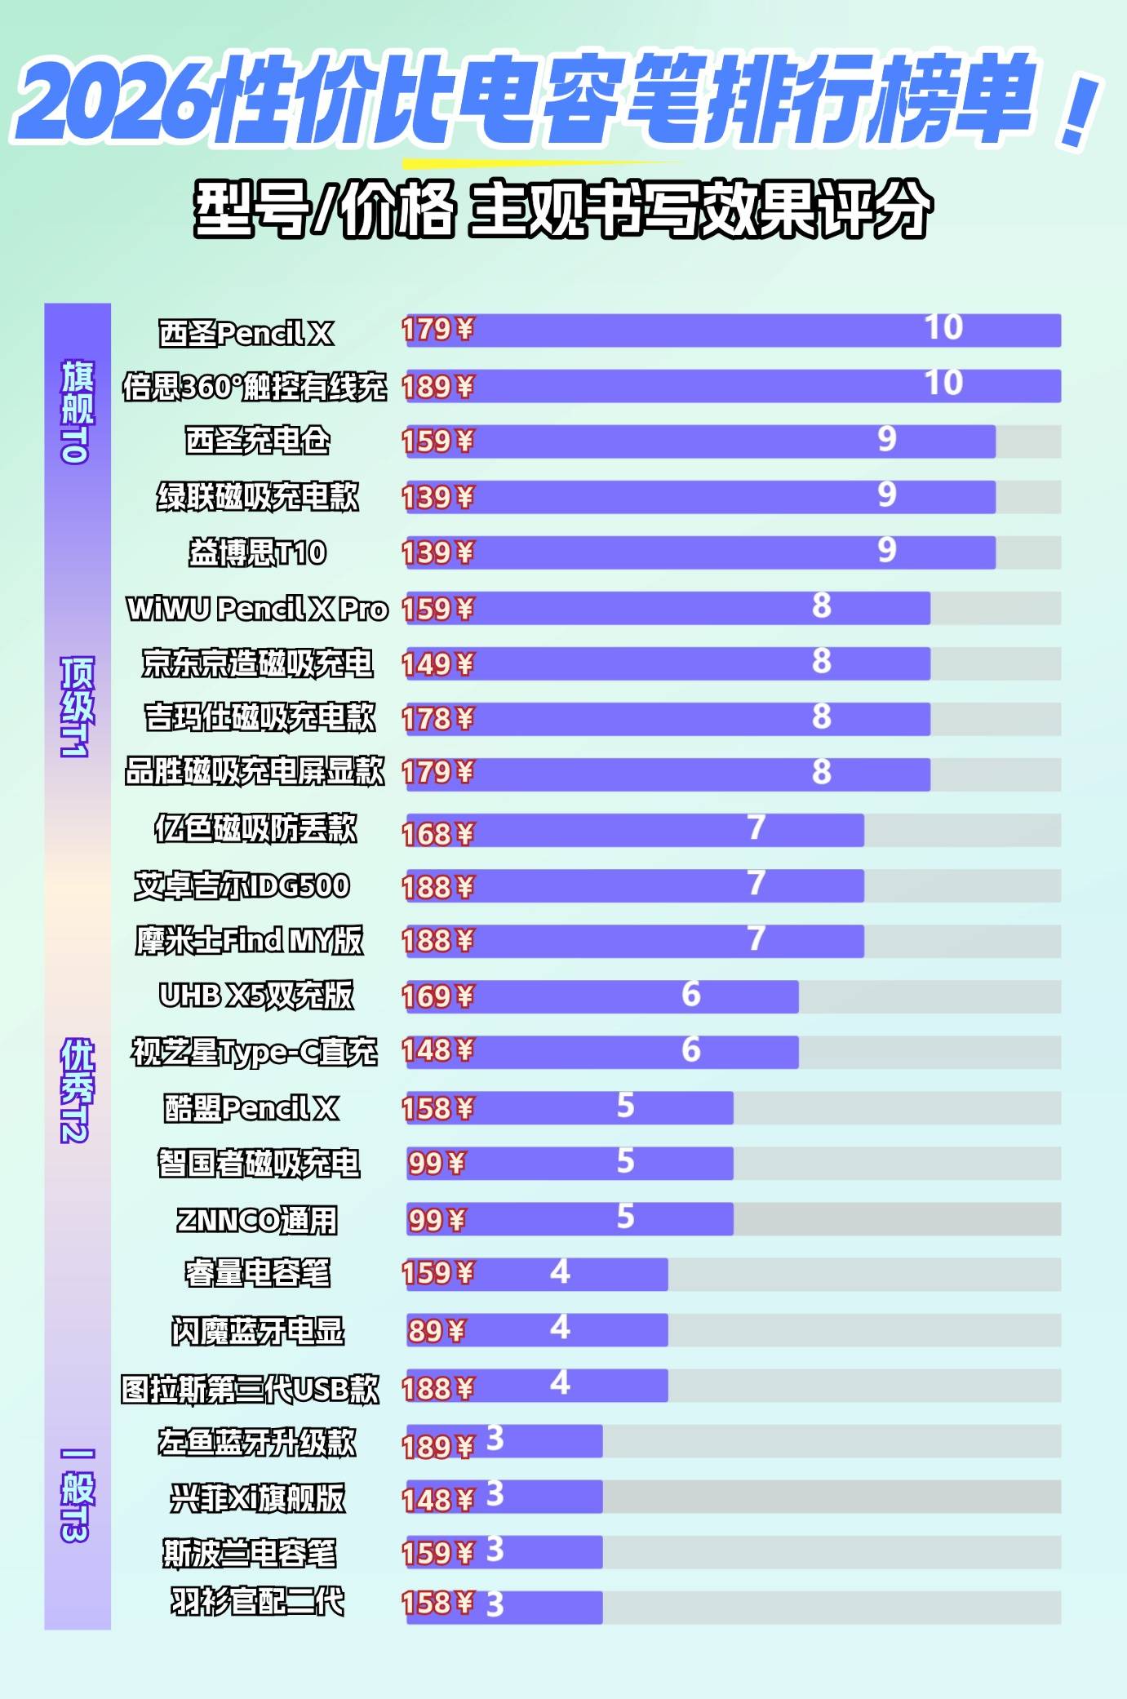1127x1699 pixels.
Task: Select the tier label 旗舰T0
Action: [x=77, y=412]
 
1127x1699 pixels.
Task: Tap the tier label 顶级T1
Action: [x=77, y=707]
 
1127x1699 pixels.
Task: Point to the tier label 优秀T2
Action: [x=77, y=1090]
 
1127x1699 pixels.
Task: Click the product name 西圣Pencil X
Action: [x=246, y=333]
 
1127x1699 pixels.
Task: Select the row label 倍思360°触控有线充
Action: [x=255, y=387]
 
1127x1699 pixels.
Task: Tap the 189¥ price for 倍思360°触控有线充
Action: [x=437, y=387]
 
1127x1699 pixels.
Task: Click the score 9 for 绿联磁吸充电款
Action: [x=887, y=495]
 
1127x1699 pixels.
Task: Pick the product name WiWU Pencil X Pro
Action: [x=257, y=609]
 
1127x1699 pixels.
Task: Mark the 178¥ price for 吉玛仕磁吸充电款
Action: [x=437, y=719]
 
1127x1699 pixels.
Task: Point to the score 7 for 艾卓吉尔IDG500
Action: [x=757, y=883]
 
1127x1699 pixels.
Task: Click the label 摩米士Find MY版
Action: [x=249, y=941]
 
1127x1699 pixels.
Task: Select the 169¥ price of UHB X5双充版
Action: [x=437, y=996]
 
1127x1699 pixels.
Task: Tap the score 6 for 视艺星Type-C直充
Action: [x=691, y=1049]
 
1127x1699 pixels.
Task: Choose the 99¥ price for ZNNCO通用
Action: [x=437, y=1220]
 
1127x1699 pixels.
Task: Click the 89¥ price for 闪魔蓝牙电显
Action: [x=437, y=1331]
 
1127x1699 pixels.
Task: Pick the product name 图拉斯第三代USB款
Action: [x=250, y=1389]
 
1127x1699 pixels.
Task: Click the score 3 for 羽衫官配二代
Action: [x=495, y=1605]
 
